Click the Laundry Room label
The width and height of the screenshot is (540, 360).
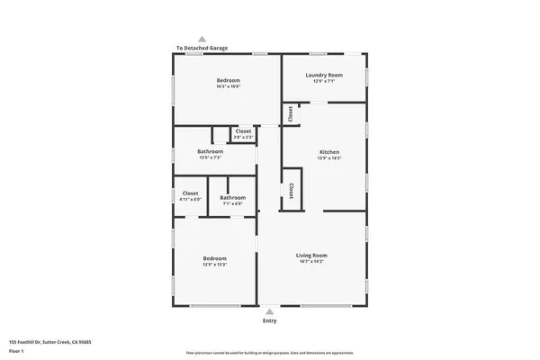[324, 75]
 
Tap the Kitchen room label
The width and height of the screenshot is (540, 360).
[329, 152]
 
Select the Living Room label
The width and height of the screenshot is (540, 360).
[311, 255]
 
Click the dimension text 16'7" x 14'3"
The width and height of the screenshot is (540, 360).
[311, 262]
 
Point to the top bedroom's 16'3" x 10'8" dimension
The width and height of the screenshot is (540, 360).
[228, 86]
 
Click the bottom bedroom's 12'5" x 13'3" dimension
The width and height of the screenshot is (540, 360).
[214, 265]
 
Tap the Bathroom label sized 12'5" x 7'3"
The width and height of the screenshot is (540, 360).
[210, 151]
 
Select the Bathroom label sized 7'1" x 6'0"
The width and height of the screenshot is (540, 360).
[232, 197]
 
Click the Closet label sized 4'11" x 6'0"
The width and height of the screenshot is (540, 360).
[190, 193]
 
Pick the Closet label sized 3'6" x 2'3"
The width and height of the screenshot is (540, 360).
[243, 131]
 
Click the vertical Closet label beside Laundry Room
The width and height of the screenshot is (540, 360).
[291, 114]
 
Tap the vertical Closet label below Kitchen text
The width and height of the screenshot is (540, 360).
[291, 191]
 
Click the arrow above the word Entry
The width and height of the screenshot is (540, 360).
[269, 311]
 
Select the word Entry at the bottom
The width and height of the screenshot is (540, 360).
[269, 320]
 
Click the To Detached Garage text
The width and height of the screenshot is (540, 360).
[202, 48]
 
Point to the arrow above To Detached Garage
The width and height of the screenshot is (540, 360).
[202, 39]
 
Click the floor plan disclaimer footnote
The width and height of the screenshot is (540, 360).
[269, 353]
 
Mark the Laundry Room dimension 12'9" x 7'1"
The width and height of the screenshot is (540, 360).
[324, 81]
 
